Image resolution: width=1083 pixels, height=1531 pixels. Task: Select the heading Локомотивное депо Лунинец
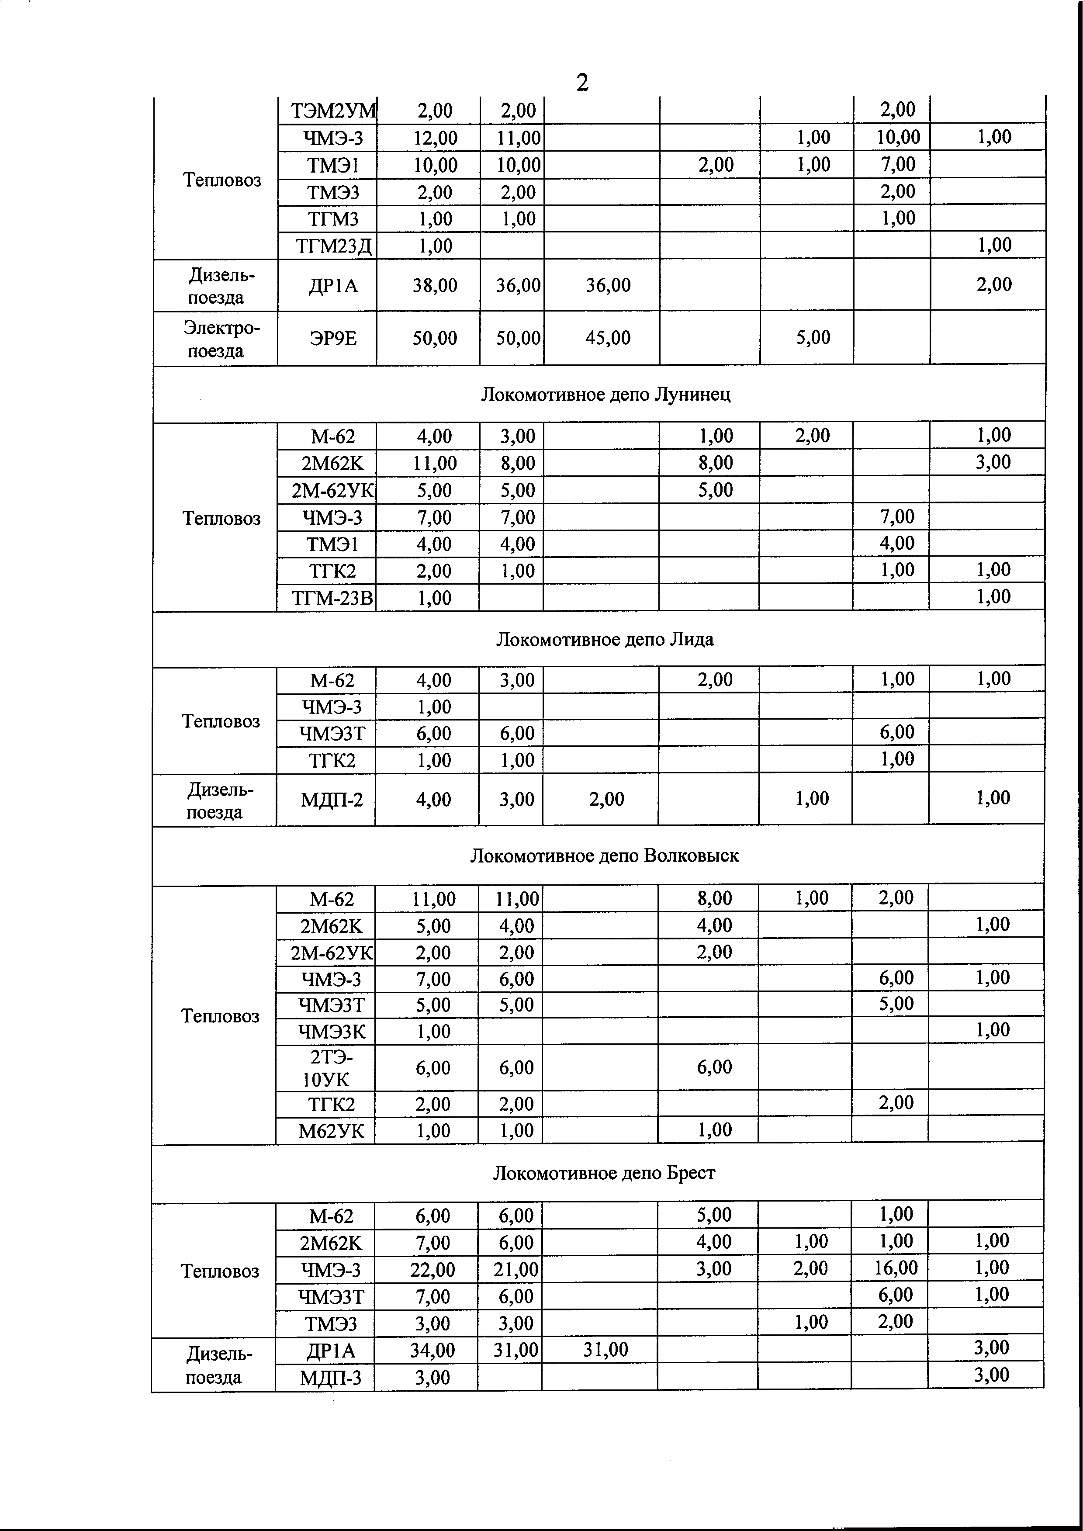point(606,395)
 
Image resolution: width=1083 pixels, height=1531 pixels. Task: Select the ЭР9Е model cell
point(333,338)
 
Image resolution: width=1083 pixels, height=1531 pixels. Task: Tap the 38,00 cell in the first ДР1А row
point(435,285)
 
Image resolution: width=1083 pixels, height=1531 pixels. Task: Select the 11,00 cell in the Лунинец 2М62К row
point(434,463)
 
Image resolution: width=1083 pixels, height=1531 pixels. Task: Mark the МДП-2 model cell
point(332,799)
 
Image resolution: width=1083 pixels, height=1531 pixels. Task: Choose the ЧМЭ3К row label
point(332,1032)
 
